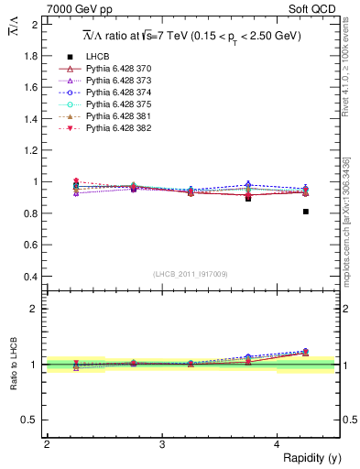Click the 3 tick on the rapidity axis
point(161,444)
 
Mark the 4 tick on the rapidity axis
point(278,444)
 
